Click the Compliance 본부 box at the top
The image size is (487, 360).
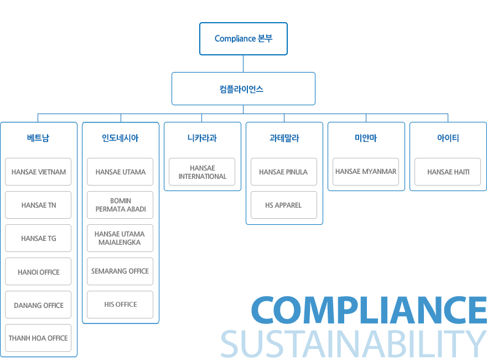(243, 39)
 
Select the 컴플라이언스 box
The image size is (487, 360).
(243, 89)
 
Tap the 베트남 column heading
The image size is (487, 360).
(38, 138)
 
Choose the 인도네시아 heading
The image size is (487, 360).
(120, 138)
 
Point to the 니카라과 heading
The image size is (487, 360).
(202, 138)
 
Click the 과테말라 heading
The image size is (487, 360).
(284, 138)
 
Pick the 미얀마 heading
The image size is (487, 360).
(366, 138)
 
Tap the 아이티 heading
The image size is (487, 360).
(448, 138)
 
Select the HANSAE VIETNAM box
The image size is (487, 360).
(38, 172)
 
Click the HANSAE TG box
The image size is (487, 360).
(38, 239)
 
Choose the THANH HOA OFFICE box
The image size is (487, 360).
(38, 338)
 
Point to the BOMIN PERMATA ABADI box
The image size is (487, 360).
(120, 205)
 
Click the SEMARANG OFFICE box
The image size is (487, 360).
(120, 271)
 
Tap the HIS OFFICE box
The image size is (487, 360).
(120, 305)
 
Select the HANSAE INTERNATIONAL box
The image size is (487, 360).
(202, 172)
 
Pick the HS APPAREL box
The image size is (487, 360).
(284, 205)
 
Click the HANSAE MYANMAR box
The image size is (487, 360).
(366, 172)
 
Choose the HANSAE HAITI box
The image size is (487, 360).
(448, 172)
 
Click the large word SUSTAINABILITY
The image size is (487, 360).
(354, 343)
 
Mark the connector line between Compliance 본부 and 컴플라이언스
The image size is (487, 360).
(243, 64)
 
